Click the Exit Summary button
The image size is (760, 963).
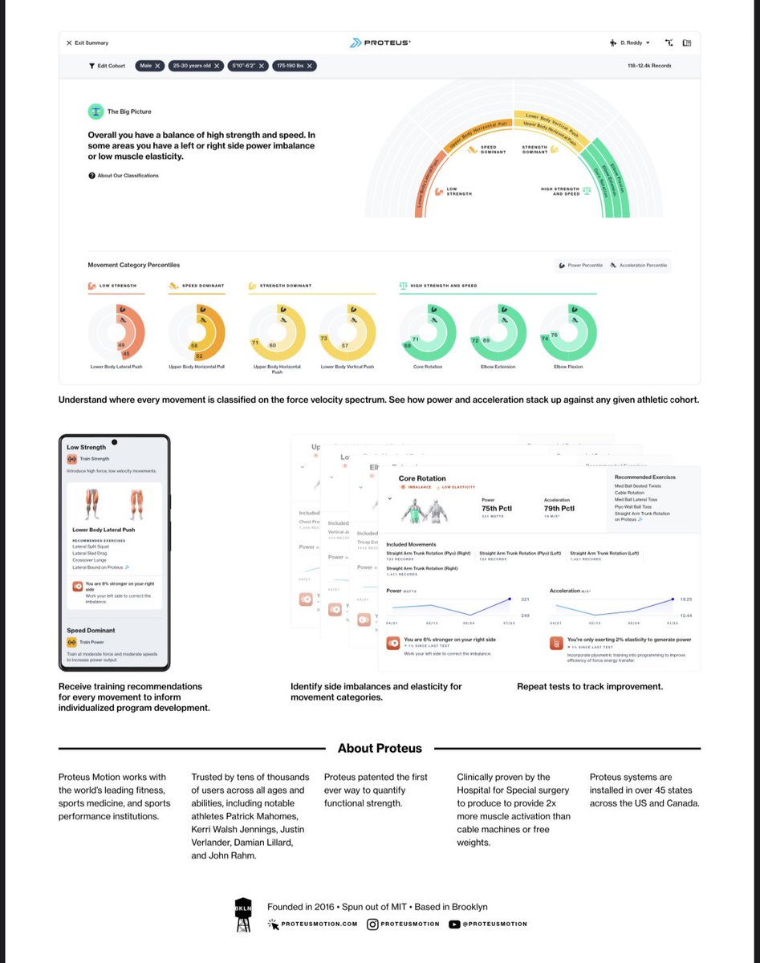[87, 43]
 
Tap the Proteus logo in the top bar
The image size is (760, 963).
[379, 43]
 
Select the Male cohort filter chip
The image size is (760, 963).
[148, 66]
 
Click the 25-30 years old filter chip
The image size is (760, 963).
[195, 66]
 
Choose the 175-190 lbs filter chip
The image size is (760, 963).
[294, 66]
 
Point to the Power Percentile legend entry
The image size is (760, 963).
[581, 266]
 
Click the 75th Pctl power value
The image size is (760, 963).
[497, 508]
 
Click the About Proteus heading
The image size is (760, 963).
[380, 748]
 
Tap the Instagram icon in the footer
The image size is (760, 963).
[372, 924]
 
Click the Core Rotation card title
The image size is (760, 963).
[422, 478]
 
